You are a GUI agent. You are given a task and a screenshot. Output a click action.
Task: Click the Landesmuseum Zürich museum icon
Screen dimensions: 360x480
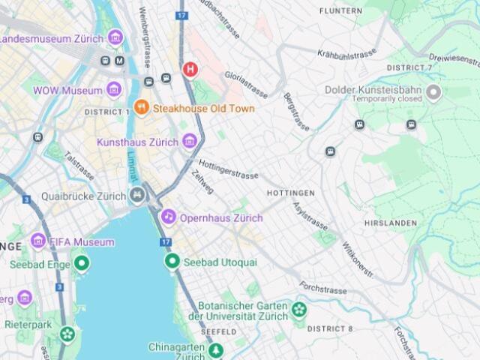click(115, 37)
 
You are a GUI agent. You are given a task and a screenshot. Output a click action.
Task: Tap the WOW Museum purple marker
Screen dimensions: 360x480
click(114, 90)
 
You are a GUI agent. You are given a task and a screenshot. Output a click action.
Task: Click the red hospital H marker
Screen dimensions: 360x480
click(190, 70)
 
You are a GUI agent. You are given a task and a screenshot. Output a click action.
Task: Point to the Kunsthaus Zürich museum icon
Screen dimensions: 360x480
click(190, 141)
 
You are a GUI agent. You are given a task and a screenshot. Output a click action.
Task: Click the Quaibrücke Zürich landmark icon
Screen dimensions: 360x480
click(137, 196)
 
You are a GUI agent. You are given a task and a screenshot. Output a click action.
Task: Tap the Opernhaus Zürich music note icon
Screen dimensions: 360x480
click(169, 217)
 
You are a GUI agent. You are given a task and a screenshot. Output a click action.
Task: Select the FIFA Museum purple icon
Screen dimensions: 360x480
click(38, 241)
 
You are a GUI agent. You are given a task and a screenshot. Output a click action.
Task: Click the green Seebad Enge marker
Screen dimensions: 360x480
click(81, 264)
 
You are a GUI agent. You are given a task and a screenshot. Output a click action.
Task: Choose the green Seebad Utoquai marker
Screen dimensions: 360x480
click(172, 262)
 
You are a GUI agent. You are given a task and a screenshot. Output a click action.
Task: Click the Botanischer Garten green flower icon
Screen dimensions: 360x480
click(299, 310)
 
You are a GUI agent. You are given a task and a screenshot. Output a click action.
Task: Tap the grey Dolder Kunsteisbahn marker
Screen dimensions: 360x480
click(433, 93)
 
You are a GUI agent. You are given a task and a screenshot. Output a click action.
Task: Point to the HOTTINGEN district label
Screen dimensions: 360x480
click(291, 193)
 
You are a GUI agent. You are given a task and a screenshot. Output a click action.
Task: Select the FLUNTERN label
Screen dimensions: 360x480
click(340, 10)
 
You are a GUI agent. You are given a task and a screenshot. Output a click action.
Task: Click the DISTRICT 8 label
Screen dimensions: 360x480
click(329, 328)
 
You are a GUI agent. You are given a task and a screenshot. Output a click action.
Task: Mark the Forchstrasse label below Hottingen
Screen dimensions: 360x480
click(325, 287)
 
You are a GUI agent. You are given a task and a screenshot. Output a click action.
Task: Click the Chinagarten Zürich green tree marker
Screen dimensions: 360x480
click(216, 350)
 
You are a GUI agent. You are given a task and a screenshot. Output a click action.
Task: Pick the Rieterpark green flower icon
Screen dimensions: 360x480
click(68, 334)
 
